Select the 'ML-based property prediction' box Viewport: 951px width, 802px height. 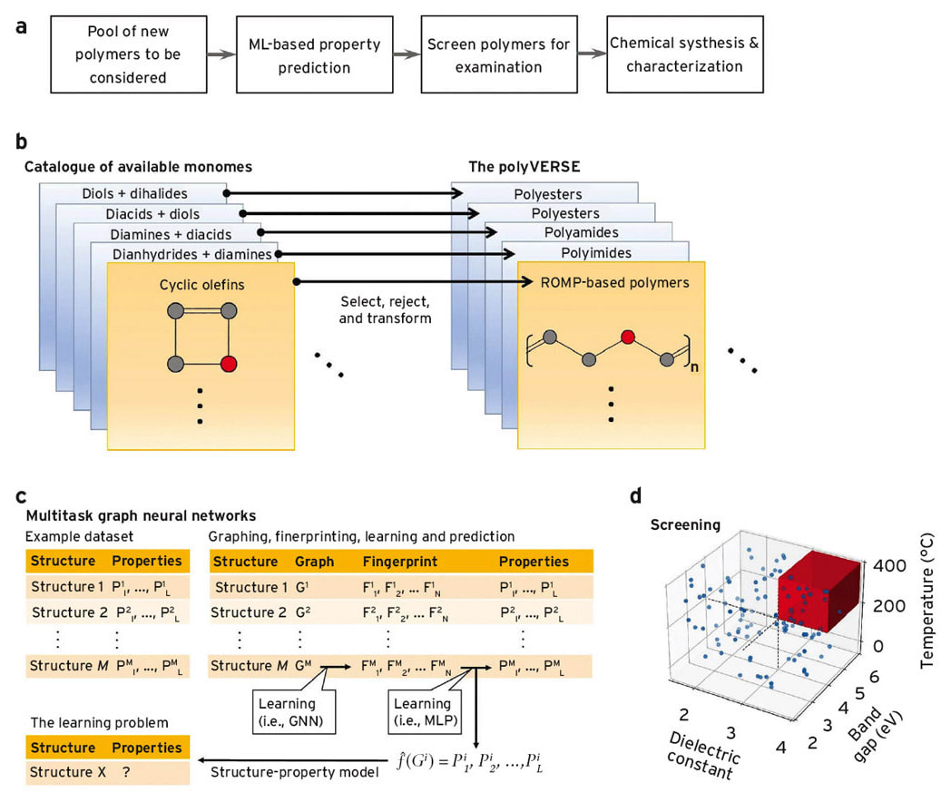314,54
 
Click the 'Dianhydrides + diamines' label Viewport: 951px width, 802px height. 193,254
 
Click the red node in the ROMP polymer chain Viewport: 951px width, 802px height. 626,338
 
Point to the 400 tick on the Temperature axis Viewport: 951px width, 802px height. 891,565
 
